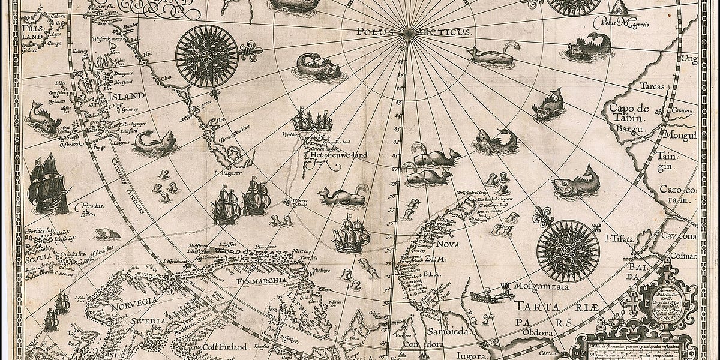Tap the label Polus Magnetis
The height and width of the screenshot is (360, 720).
(x=619, y=23)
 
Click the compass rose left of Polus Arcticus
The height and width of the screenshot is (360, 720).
(x=207, y=56)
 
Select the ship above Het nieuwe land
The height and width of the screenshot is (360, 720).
(x=312, y=122)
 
